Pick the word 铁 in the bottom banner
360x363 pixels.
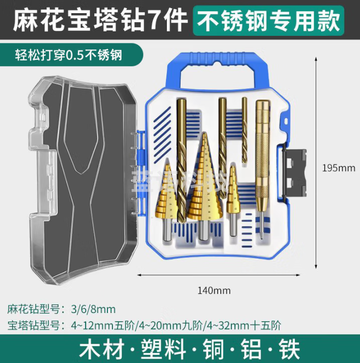click(287, 349)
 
